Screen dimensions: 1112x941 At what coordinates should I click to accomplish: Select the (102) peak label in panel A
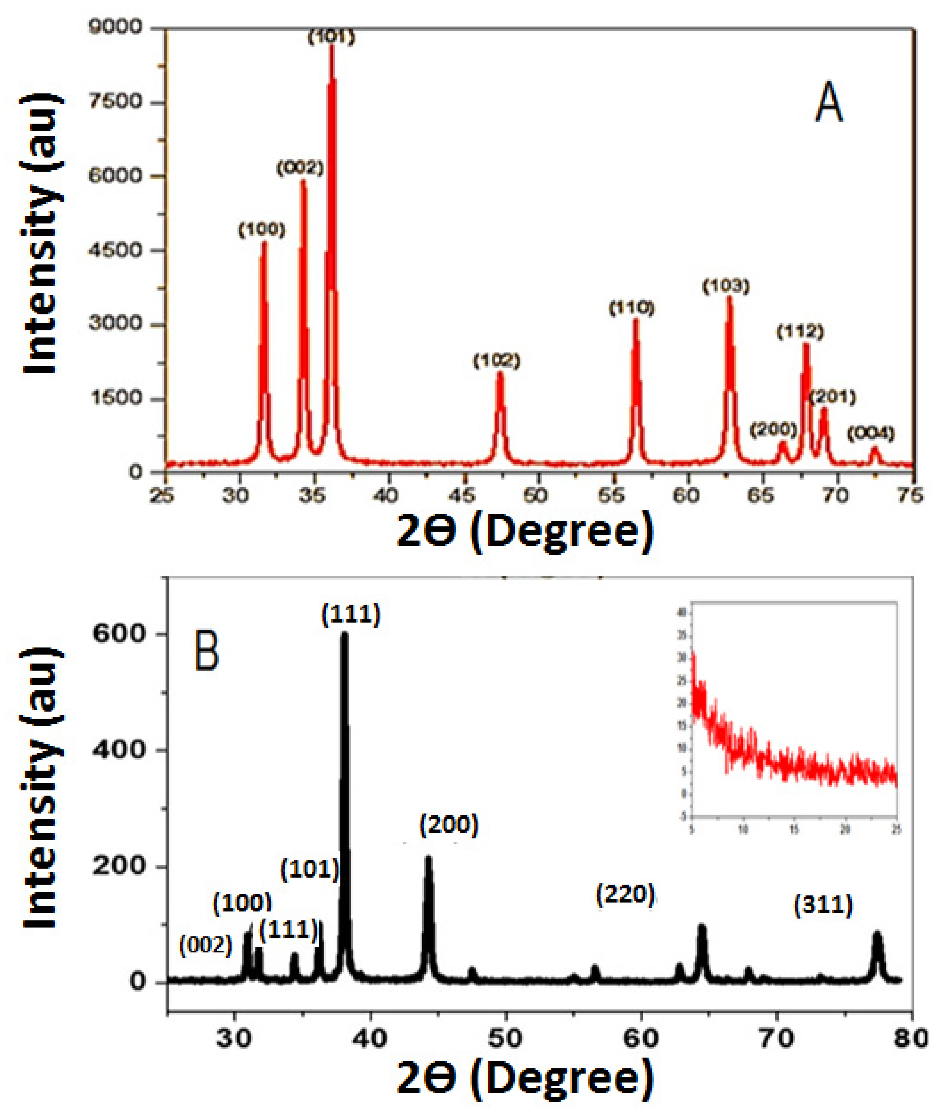(x=497, y=361)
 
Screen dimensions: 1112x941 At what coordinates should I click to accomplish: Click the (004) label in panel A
(x=871, y=434)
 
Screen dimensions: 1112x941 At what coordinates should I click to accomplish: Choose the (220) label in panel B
(x=625, y=895)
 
